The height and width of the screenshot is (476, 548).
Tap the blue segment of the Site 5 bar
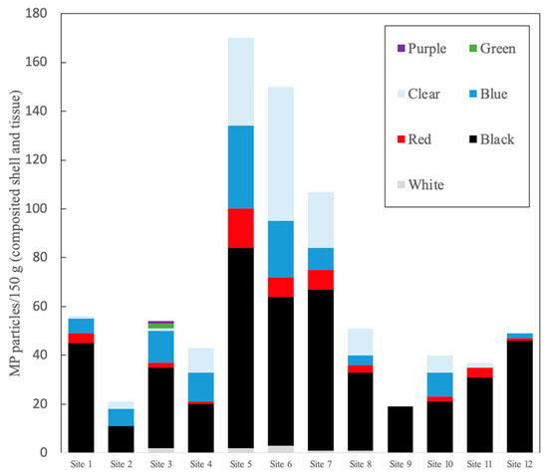tap(240, 166)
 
